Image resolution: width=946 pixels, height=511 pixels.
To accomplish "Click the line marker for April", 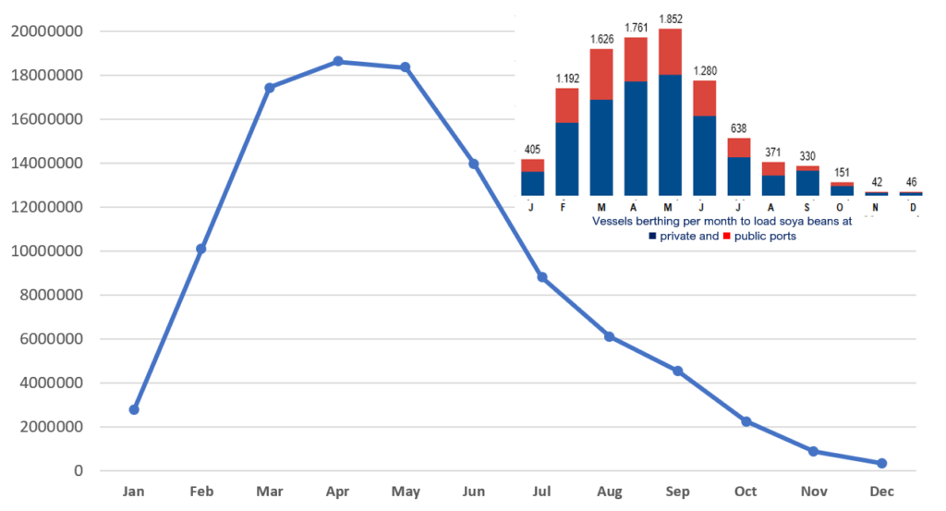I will pyautogui.click(x=338, y=61).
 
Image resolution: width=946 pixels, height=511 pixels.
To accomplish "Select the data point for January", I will pyautogui.click(x=134, y=409).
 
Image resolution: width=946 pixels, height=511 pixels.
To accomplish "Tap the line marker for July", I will pyautogui.click(x=542, y=277).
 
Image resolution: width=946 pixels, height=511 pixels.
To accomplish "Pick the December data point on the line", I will pyautogui.click(x=881, y=463).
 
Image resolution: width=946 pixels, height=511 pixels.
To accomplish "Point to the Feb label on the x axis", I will pyautogui.click(x=201, y=491).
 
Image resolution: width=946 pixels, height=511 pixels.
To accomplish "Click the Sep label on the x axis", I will pyautogui.click(x=677, y=491).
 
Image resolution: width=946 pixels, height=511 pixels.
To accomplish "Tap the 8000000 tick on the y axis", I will pyautogui.click(x=50, y=295).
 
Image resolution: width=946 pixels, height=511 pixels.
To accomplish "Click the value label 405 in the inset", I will pyautogui.click(x=532, y=150).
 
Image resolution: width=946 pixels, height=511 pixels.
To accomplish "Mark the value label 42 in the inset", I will pyautogui.click(x=876, y=182).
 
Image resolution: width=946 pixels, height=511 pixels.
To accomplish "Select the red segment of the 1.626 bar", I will pyautogui.click(x=601, y=74).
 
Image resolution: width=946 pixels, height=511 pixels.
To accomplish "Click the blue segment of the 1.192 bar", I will pyautogui.click(x=566, y=157).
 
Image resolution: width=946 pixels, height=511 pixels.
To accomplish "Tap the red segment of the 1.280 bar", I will pyautogui.click(x=704, y=98).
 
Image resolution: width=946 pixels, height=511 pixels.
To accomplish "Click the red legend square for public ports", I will pyautogui.click(x=726, y=237).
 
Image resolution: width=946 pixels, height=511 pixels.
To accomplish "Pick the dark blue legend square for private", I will pyautogui.click(x=654, y=237).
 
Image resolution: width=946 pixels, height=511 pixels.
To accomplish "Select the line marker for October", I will pyautogui.click(x=746, y=421).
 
